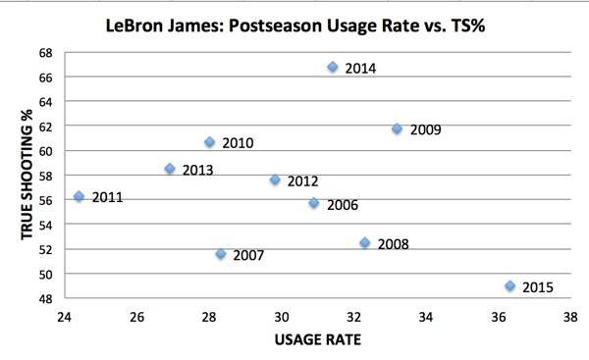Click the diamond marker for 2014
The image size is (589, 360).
coord(333,67)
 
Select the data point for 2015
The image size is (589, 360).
coord(510,285)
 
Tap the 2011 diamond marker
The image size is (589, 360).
coord(80,196)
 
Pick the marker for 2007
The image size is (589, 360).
coord(221,254)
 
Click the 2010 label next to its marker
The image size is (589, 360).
coord(239,143)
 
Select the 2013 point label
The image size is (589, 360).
coord(198,170)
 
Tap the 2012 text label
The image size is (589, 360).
coord(302,180)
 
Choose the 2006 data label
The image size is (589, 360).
coord(342,205)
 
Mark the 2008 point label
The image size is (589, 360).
coord(393,244)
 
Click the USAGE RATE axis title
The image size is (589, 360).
coord(317,340)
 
